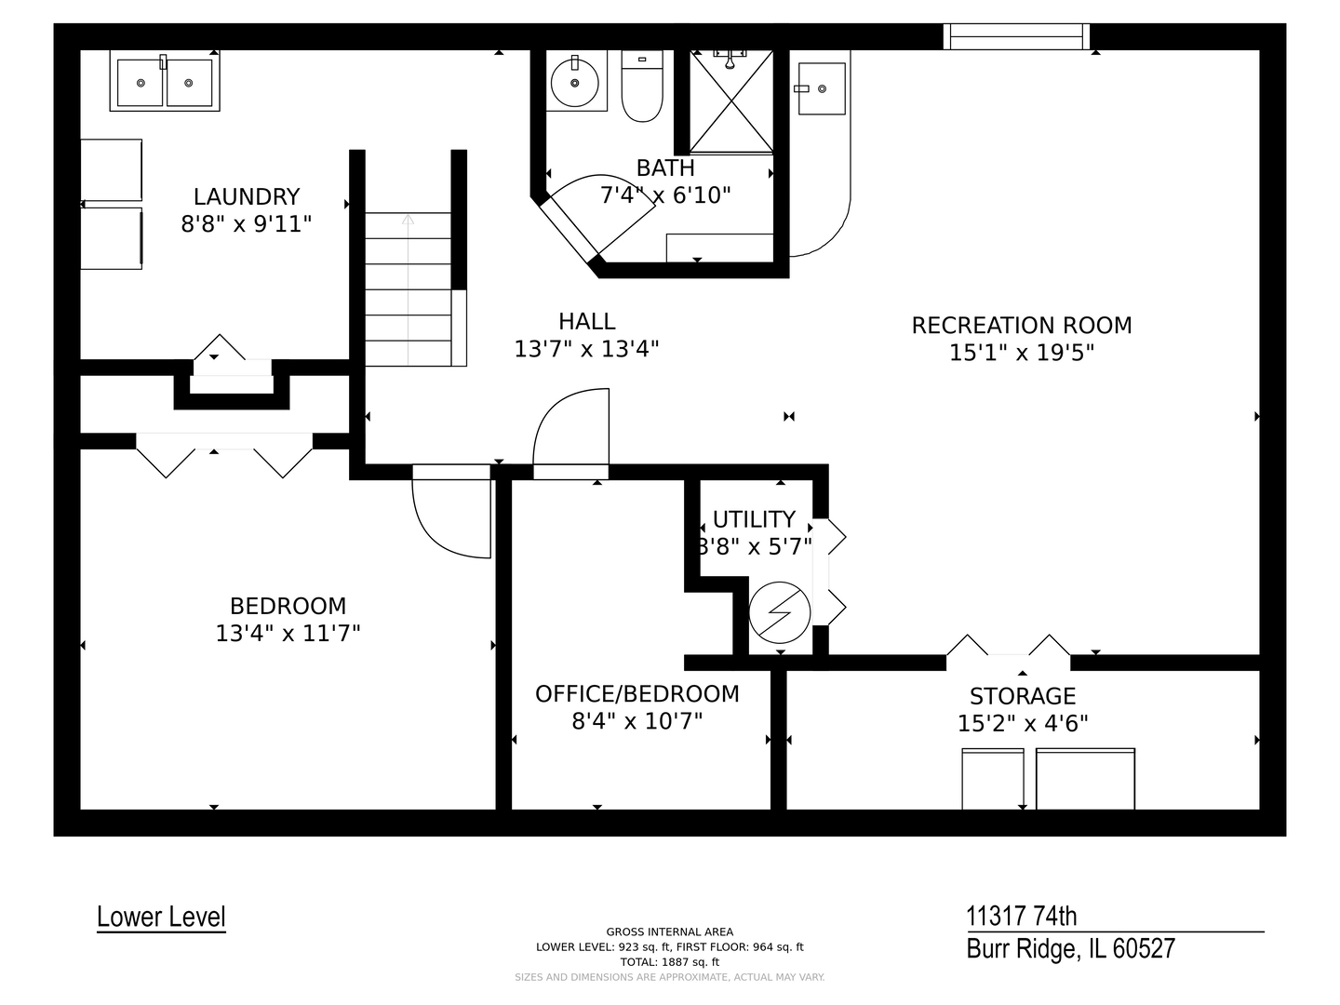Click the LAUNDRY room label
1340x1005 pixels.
(247, 197)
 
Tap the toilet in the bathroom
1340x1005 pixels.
(641, 86)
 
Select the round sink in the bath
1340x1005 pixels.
(574, 83)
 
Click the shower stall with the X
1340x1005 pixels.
(731, 101)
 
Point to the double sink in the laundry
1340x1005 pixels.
(165, 81)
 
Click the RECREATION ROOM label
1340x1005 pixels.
(1022, 326)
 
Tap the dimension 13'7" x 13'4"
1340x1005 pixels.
(586, 349)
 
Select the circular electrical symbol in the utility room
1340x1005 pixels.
(780, 612)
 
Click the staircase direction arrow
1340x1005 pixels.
(408, 289)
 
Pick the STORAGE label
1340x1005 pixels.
(1023, 696)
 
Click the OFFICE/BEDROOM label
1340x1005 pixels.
(637, 694)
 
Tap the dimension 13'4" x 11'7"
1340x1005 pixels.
(288, 634)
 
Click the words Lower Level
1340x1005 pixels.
(161, 918)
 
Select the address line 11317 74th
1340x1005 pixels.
(1022, 917)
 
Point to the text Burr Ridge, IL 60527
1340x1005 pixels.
(1071, 949)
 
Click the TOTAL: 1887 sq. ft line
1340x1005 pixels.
(670, 962)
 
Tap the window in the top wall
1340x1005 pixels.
(1016, 36)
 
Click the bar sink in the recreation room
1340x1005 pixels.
(822, 88)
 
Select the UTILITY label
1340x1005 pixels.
(754, 519)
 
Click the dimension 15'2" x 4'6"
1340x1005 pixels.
(1023, 724)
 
